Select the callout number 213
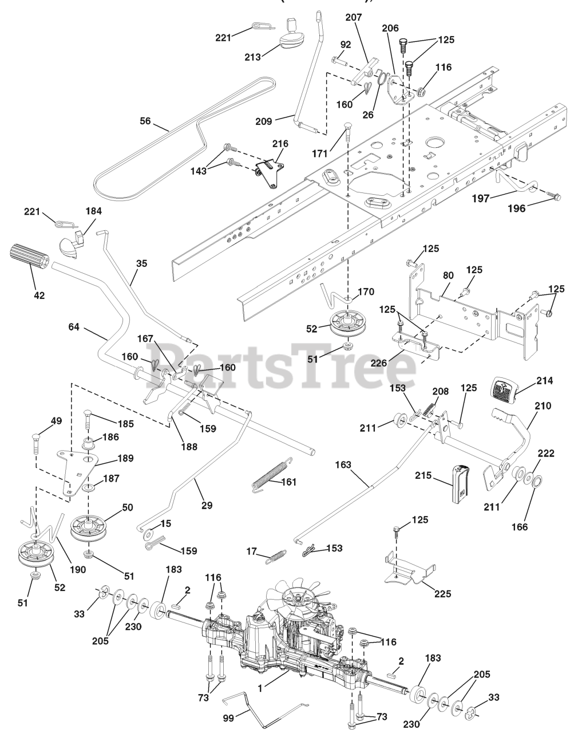pyautogui.click(x=252, y=57)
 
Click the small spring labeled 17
pyautogui.click(x=278, y=556)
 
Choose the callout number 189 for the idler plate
pyautogui.click(x=125, y=458)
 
